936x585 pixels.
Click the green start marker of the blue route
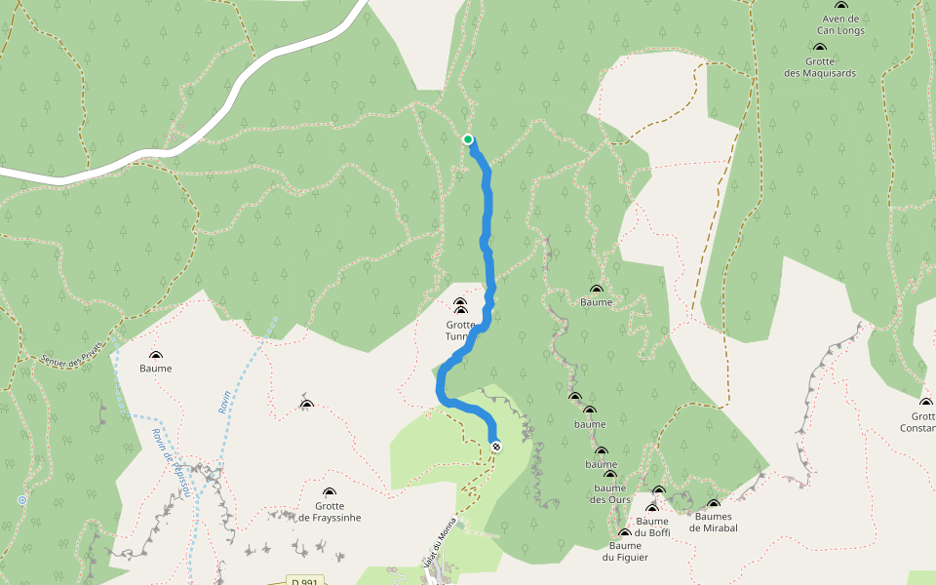468,139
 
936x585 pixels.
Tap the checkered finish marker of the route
496,447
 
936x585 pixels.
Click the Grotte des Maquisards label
819,66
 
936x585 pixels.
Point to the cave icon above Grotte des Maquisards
819,47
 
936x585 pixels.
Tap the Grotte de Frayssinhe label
330,511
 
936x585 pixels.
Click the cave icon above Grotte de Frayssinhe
330,492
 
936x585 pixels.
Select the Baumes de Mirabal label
713,522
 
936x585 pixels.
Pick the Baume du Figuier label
625,551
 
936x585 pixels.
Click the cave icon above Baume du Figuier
624,533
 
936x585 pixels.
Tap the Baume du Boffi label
652,526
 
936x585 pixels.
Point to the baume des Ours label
609,493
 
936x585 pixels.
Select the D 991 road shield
304,582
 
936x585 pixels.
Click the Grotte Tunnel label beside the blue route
459,331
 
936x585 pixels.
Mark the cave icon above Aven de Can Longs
841,6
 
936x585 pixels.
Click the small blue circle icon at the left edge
22,500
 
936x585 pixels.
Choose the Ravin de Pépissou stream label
170,462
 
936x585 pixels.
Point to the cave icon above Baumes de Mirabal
714,505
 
